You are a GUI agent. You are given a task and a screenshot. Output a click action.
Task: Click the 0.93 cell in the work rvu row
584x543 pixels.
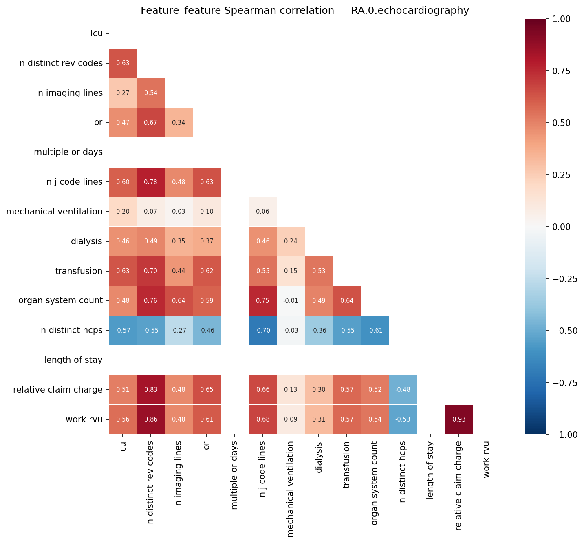coord(459,419)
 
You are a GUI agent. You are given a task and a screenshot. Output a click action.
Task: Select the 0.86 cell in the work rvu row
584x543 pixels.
coord(151,419)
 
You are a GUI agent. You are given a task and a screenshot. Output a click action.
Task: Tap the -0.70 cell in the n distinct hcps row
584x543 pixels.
coord(263,330)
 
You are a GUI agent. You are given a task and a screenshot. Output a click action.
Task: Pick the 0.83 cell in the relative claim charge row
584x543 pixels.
coord(151,390)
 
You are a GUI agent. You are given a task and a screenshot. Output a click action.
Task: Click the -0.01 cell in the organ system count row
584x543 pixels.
coord(291,300)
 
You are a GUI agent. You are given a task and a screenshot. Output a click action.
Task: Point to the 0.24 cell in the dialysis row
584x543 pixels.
coord(291,241)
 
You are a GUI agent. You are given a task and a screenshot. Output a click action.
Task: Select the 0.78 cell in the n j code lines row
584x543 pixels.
coord(151,182)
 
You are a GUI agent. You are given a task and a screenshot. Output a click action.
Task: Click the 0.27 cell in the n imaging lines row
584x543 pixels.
coord(123,93)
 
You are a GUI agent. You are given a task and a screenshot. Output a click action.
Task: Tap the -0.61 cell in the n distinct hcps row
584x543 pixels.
coord(375,330)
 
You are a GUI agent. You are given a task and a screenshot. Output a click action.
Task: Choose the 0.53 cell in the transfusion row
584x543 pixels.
coord(319,271)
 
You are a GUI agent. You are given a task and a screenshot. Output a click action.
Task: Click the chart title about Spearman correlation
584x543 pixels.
coord(305,10)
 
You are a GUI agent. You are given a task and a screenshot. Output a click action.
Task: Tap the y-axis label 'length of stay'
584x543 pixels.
coord(73,360)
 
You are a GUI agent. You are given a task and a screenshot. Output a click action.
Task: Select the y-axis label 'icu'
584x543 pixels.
coord(97,33)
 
